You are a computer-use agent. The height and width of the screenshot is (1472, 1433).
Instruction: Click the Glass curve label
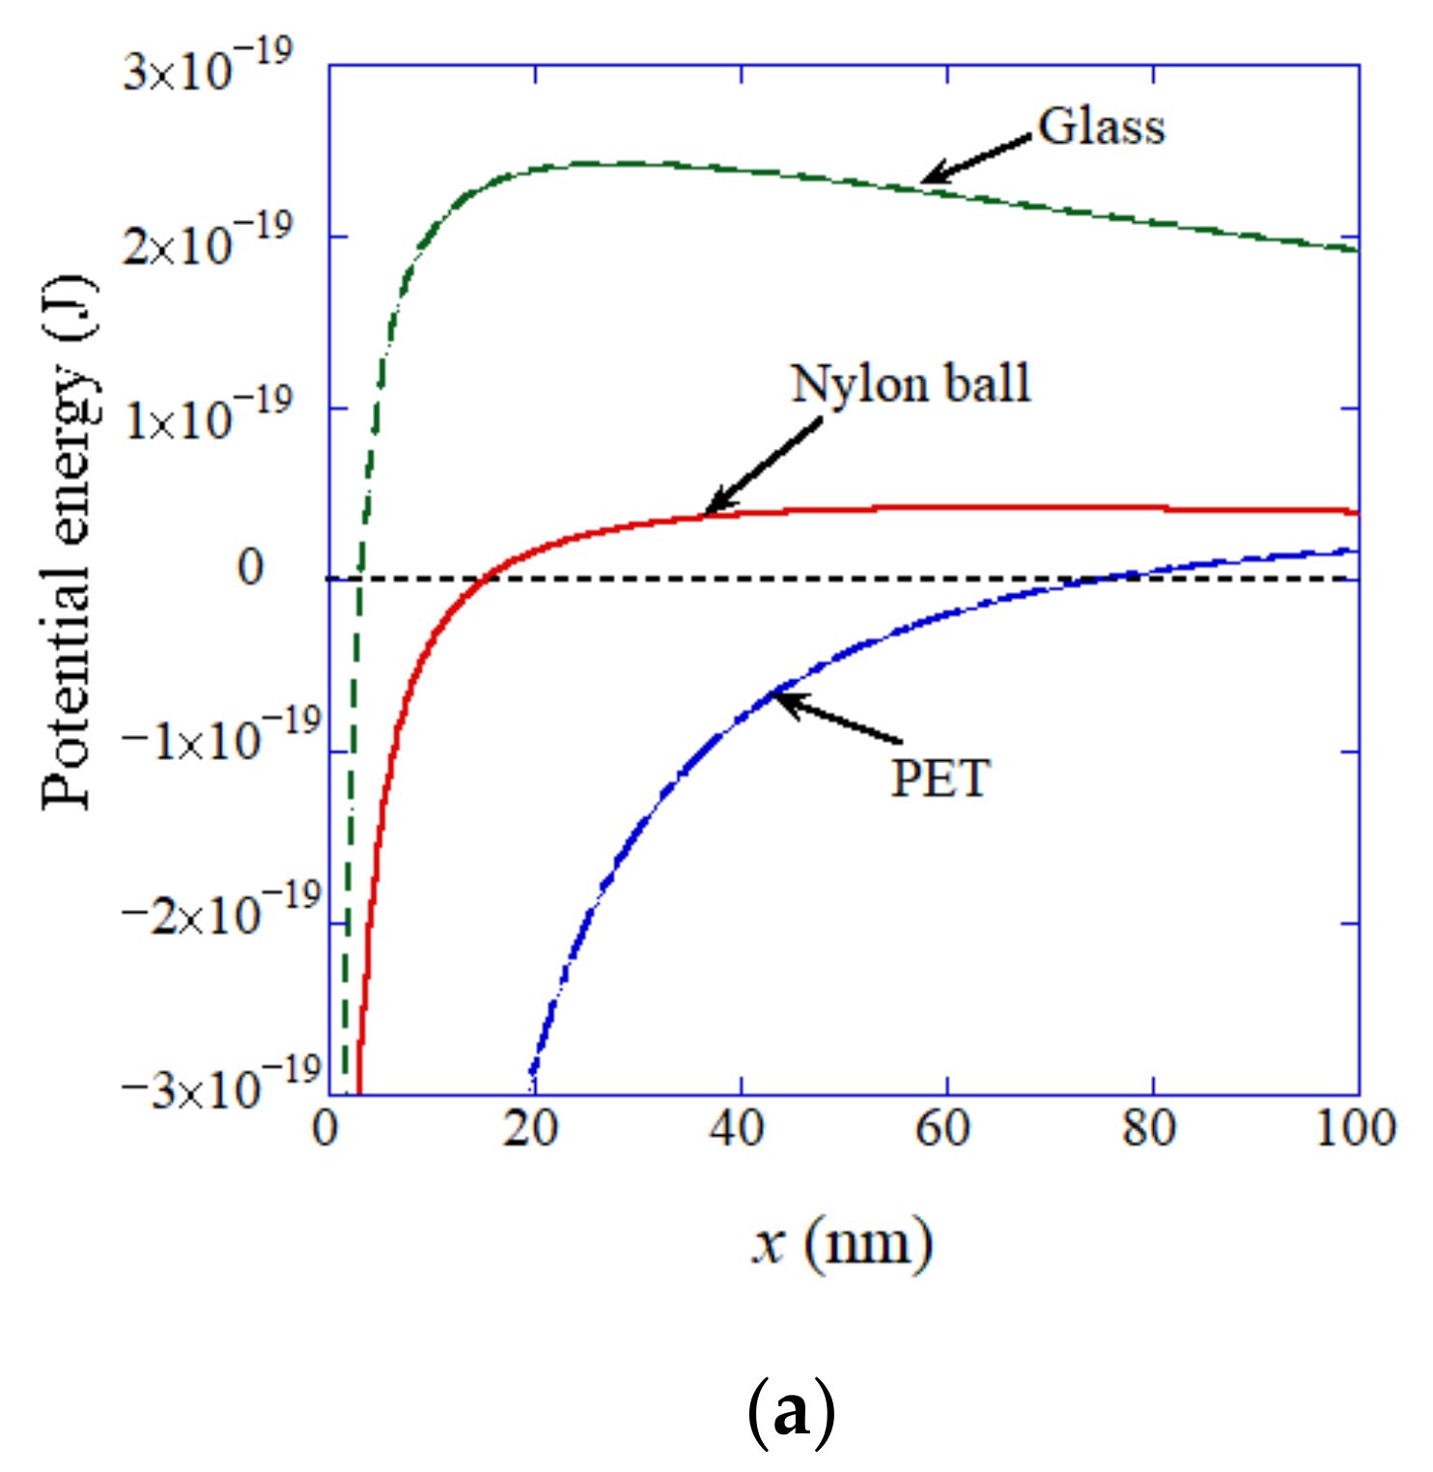1101,127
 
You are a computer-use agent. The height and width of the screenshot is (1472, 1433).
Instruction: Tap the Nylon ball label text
911,383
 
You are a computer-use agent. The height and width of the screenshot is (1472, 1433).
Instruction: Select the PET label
940,778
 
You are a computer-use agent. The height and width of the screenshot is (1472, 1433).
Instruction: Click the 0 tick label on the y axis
250,568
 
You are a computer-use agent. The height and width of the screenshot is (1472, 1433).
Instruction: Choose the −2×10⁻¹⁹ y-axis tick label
220,910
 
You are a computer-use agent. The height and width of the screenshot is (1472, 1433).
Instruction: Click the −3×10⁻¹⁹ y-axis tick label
220,1084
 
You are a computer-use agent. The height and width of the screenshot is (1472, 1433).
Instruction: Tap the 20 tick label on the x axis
531,1128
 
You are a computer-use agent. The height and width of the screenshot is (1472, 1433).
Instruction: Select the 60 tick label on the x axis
942,1128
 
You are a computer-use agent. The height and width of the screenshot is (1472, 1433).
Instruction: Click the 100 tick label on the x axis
1355,1128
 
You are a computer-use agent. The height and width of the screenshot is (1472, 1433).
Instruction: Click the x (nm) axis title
842,1242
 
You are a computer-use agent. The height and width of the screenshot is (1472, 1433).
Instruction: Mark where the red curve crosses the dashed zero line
487,579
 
